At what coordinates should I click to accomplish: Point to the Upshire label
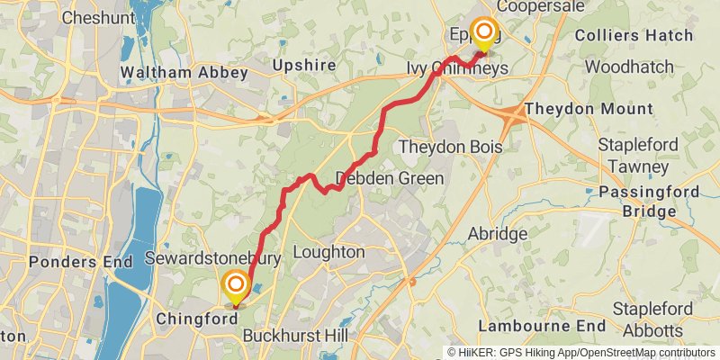tap(304, 66)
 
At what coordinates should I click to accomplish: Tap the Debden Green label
tap(390, 178)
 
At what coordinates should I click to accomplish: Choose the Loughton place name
tap(328, 252)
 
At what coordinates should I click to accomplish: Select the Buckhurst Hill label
tap(292, 337)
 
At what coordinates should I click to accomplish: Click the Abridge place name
tap(497, 234)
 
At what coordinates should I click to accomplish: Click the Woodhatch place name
tap(629, 67)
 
